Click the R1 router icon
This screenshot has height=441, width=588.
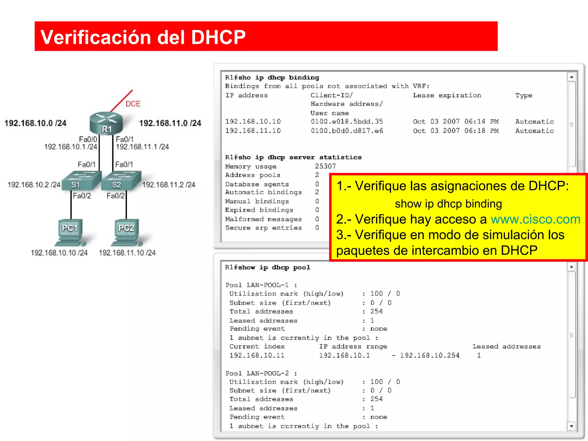point(106,123)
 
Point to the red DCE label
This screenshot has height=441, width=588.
point(133,104)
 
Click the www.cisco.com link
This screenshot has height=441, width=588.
point(535,219)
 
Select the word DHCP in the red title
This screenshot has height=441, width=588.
point(218,37)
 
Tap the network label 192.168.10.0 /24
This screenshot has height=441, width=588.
point(35,123)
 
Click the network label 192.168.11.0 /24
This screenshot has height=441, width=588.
point(170,123)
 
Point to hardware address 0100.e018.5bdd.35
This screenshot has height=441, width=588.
point(347,121)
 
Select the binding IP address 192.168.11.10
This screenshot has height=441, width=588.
point(253,131)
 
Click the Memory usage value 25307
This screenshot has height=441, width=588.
point(325,166)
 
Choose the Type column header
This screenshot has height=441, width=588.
point(524,95)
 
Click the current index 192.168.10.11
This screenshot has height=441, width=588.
point(257,355)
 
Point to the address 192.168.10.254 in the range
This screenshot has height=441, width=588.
point(430,355)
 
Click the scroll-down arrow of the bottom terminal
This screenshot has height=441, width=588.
point(571,426)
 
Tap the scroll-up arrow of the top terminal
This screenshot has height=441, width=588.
point(571,77)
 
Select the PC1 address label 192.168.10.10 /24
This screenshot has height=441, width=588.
point(59,253)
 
